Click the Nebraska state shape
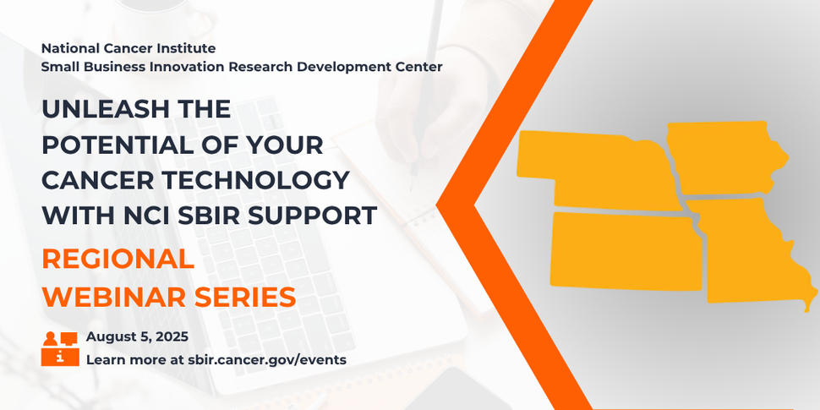592,169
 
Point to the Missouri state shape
748,254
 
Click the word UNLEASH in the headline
93,110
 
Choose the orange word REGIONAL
118,260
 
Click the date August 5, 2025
137,336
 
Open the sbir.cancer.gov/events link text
263,359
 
